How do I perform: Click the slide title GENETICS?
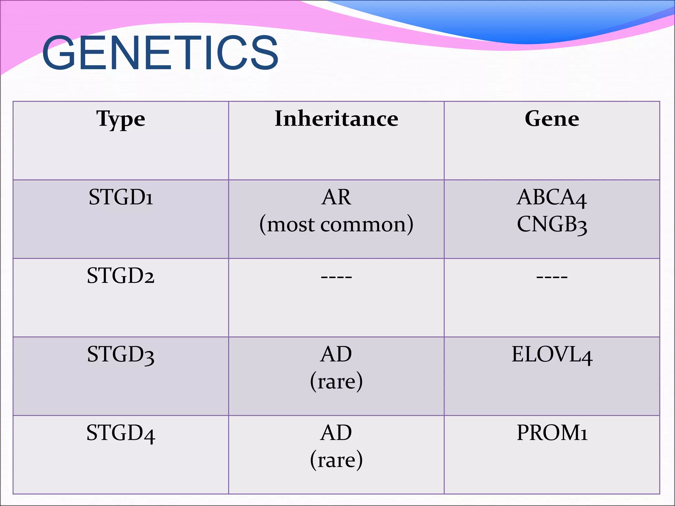tap(160, 53)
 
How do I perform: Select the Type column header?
tap(121, 119)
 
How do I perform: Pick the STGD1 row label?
tap(121, 197)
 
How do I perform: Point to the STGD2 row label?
tap(121, 276)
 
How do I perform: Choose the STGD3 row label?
tap(121, 355)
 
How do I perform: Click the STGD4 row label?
tap(121, 433)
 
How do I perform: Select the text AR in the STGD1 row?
tap(336, 197)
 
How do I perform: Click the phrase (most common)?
tap(336, 225)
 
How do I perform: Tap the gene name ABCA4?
tap(552, 198)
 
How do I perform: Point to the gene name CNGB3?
tap(552, 225)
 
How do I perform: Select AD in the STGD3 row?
tap(336, 354)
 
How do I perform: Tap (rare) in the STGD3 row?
tap(336, 381)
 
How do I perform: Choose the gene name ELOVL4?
tap(552, 355)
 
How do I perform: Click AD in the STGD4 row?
tap(336, 433)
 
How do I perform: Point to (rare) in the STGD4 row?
tap(336, 460)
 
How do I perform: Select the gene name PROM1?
tap(552, 433)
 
